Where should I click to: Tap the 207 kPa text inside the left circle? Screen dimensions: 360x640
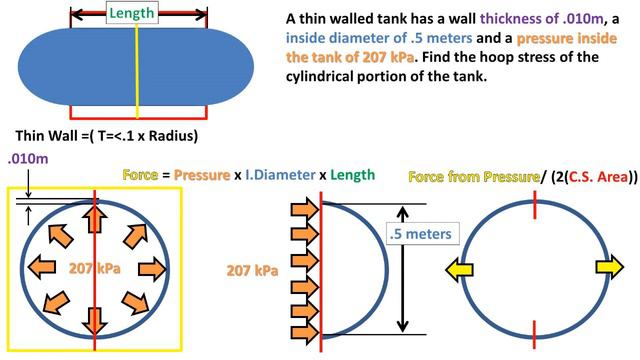click(96, 268)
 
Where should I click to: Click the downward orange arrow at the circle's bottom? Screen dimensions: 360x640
click(96, 318)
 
